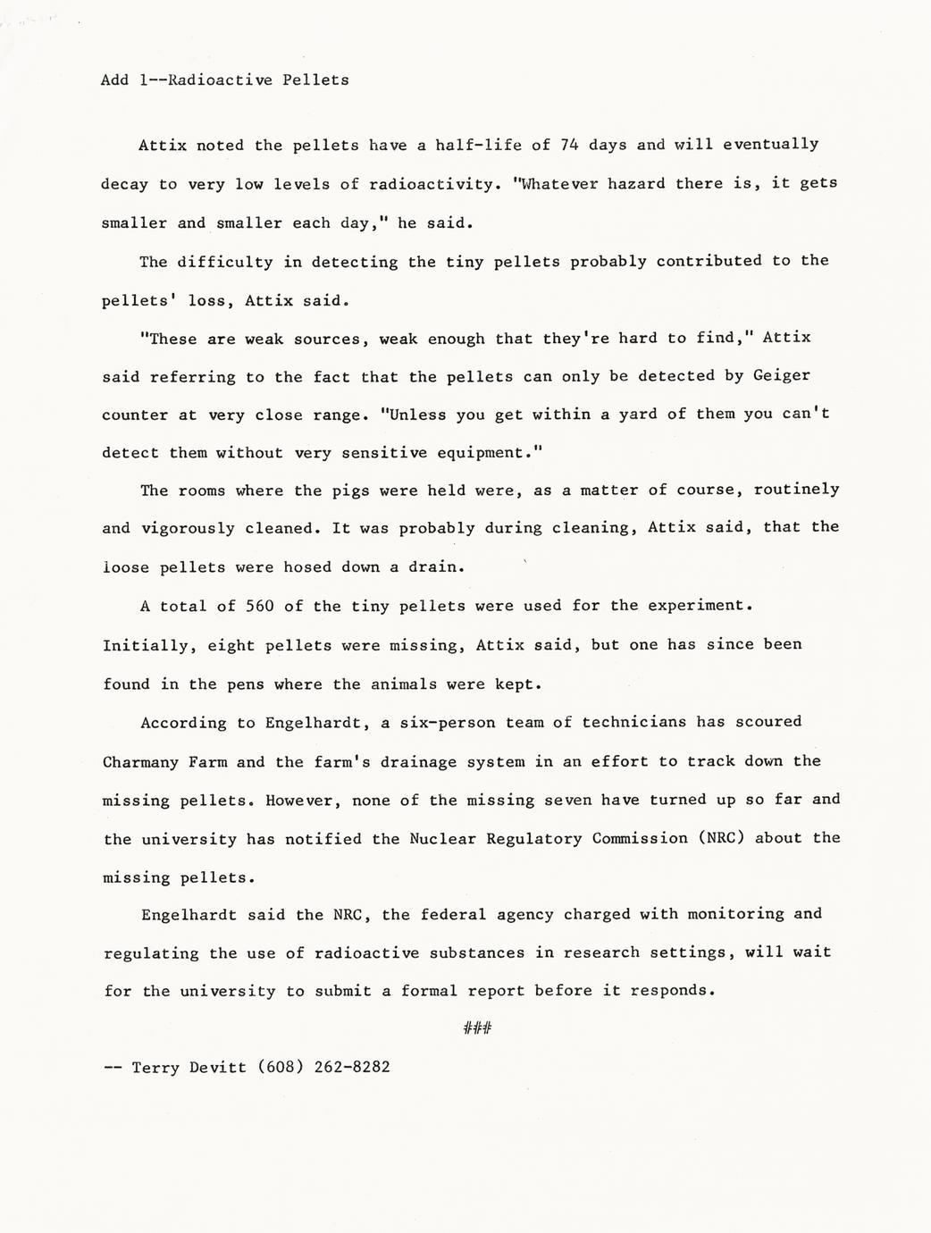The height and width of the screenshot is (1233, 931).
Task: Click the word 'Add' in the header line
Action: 114,80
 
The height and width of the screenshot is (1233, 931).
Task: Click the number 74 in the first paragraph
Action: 570,144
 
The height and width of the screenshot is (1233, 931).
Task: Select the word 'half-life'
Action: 483,144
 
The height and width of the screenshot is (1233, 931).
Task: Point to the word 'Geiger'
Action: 782,376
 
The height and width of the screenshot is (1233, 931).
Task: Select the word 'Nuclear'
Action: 441,838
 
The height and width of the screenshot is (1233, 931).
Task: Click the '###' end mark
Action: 477,1028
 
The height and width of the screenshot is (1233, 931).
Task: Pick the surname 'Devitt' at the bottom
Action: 217,1067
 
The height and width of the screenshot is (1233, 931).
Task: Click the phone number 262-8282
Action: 352,1067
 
